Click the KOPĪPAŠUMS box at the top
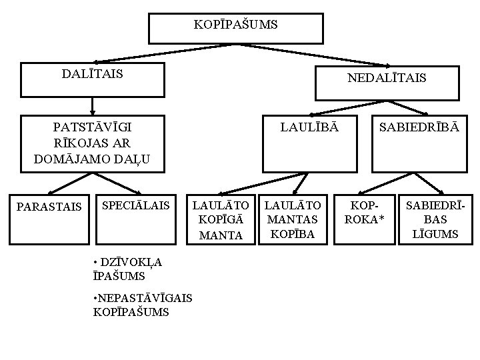(235, 26)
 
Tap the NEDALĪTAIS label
(387, 78)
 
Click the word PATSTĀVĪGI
(92, 127)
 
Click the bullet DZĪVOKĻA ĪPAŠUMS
(129, 268)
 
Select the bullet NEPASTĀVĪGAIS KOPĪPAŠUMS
(142, 305)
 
